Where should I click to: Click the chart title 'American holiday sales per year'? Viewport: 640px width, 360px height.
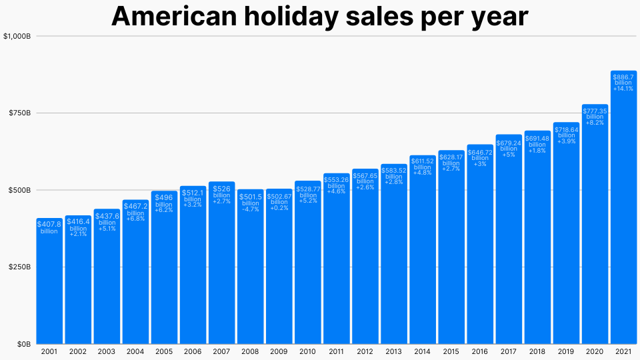point(319,17)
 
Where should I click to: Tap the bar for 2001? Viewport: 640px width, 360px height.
point(49,287)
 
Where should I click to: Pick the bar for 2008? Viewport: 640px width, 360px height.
point(251,280)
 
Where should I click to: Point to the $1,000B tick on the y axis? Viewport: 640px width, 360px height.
point(17,36)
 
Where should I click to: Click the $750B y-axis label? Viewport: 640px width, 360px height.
point(19,113)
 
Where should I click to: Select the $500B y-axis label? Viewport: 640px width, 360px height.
point(19,190)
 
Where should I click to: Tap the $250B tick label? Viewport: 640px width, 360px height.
point(19,267)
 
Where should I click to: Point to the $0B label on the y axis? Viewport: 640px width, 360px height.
point(23,344)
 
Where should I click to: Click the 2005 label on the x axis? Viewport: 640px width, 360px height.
point(164,351)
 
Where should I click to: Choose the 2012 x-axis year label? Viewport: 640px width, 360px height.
point(365,351)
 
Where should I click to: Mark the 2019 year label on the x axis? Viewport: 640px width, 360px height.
point(566,351)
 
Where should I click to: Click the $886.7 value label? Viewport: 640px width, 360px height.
point(623,77)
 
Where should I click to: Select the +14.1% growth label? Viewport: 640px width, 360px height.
point(623,89)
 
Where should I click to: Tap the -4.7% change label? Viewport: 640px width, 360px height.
point(251,209)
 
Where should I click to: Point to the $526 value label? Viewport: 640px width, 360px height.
point(222,189)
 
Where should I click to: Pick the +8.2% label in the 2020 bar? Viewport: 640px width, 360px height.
point(595,123)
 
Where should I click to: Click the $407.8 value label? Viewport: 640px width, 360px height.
point(49,225)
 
